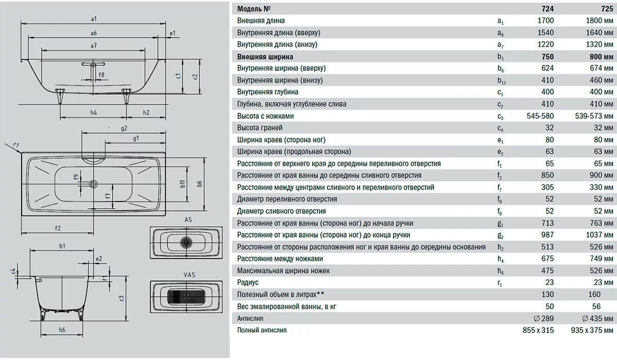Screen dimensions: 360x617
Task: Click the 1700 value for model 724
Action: coord(545,21)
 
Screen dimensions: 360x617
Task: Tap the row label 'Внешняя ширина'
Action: coord(265,57)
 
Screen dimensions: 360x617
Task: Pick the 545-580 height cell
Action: coord(540,116)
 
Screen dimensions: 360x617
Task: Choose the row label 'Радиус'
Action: coord(248,282)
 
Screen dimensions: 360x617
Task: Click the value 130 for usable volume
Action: coord(548,294)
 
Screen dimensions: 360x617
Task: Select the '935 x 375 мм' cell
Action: coord(592,330)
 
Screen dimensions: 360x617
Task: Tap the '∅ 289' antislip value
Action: coord(544,318)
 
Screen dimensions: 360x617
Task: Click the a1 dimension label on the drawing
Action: coord(94,19)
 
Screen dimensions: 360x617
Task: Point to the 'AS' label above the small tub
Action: coord(188,220)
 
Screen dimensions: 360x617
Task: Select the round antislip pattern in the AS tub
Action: coord(186,241)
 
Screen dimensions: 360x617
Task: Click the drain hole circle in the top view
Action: coord(93,183)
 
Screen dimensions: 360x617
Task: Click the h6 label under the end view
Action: coord(62,330)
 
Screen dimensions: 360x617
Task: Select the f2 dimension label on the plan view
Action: coord(58,228)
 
